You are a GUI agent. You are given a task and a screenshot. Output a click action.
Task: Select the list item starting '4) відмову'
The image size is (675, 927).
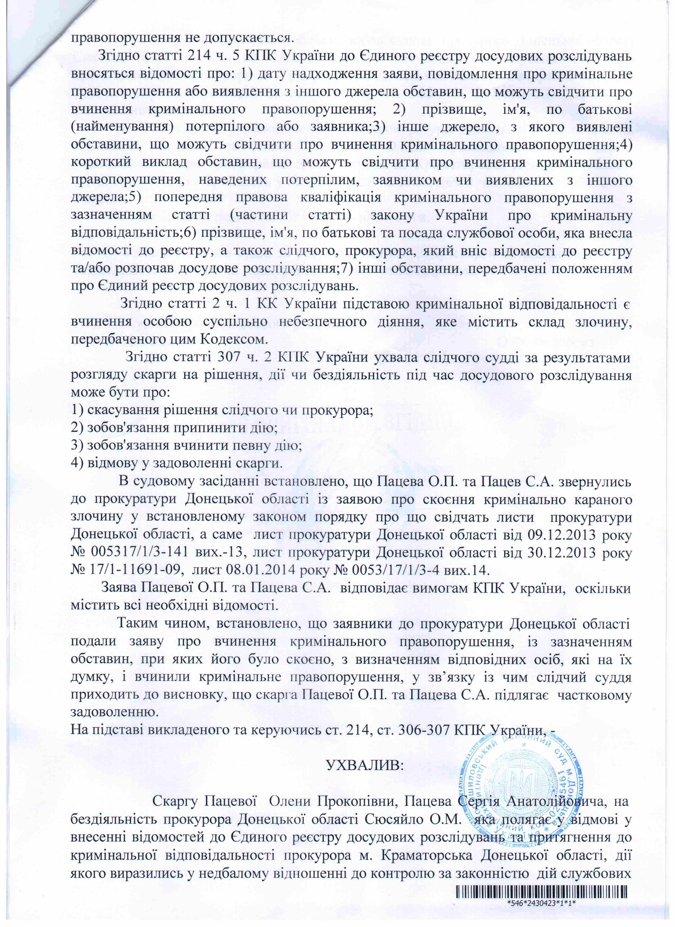(x=177, y=464)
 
